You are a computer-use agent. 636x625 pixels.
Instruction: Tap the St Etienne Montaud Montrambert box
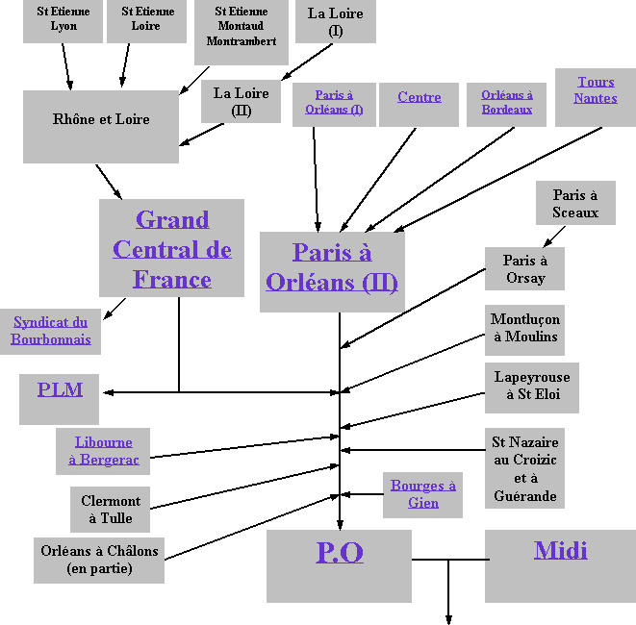pyautogui.click(x=241, y=27)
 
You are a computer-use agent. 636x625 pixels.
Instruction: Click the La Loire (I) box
pyautogui.click(x=335, y=21)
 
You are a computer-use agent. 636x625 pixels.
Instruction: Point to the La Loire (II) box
pyautogui.click(x=241, y=101)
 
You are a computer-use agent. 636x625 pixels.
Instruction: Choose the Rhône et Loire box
pyautogui.click(x=101, y=120)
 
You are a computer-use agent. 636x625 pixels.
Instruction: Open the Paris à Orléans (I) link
pyautogui.click(x=334, y=102)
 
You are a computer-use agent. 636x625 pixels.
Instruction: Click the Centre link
pyautogui.click(x=419, y=97)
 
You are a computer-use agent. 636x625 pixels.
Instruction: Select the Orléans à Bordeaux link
pyautogui.click(x=506, y=102)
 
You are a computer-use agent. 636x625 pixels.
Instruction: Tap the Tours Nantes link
pyautogui.click(x=595, y=90)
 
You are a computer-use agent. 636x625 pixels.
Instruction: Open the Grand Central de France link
pyautogui.click(x=171, y=249)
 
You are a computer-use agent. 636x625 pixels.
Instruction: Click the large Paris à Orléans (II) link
pyautogui.click(x=331, y=267)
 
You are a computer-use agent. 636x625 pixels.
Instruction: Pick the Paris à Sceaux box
pyautogui.click(x=574, y=204)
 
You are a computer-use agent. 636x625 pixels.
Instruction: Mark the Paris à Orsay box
pyautogui.click(x=524, y=269)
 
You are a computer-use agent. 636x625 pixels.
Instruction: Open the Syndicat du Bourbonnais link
pyautogui.click(x=51, y=331)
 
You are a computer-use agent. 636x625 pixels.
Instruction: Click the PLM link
pyautogui.click(x=60, y=389)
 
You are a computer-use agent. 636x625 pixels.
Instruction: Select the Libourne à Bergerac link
pyautogui.click(x=103, y=451)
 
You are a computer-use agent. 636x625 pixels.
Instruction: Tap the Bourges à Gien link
pyautogui.click(x=422, y=494)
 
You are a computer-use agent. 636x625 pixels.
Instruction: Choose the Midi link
pyautogui.click(x=560, y=551)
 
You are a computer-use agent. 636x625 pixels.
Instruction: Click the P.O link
pyautogui.click(x=339, y=552)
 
